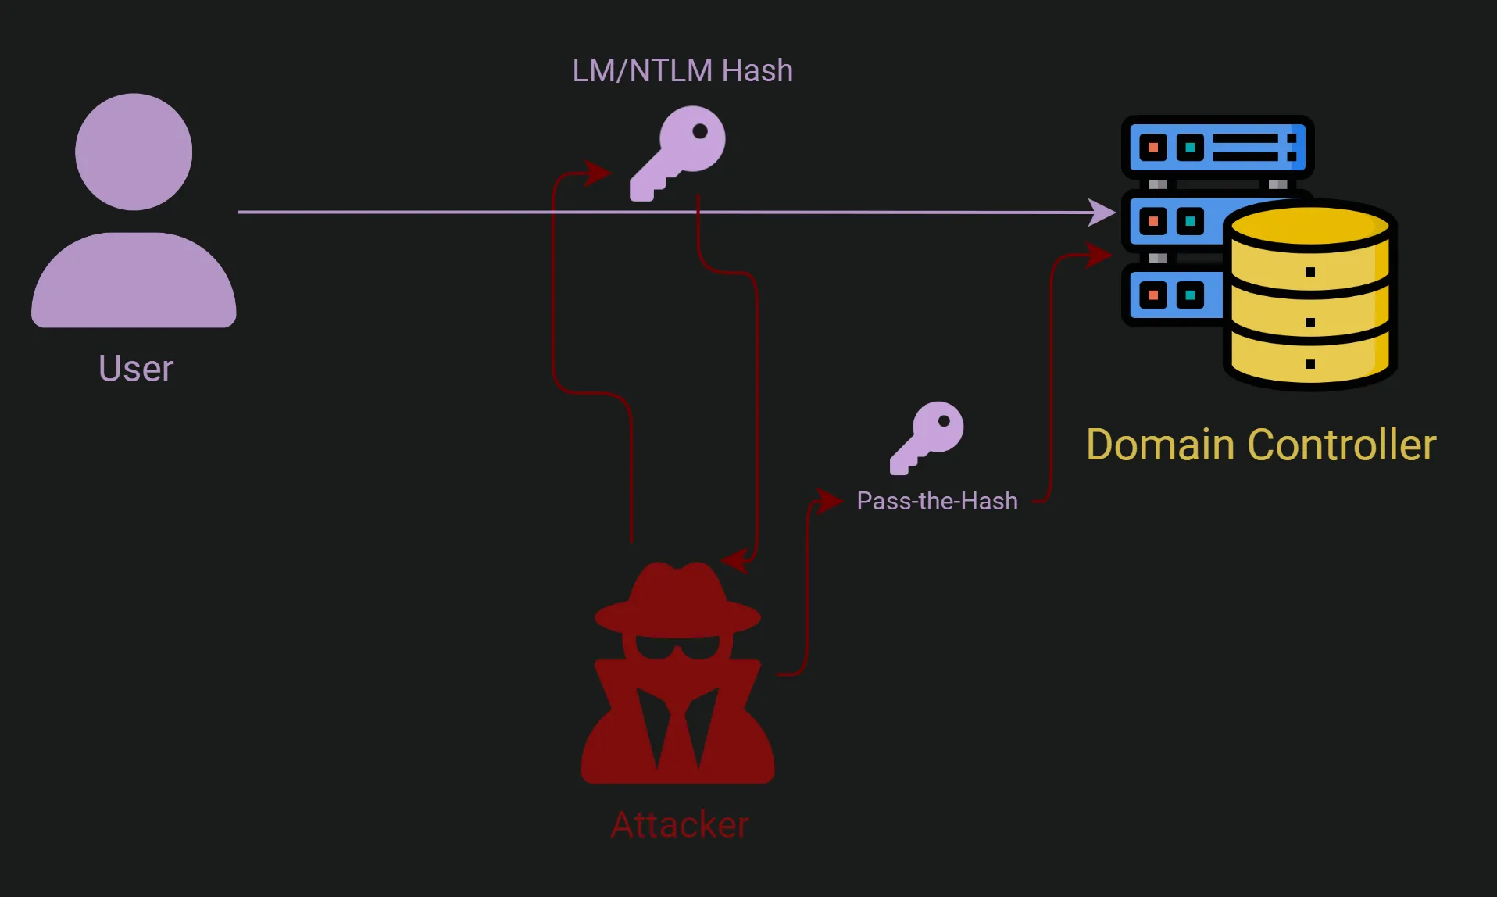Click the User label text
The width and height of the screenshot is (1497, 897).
tap(136, 369)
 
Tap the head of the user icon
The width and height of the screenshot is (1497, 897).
tap(134, 152)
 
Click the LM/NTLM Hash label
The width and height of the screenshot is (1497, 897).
tap(682, 70)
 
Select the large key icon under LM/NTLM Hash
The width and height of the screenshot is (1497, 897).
tap(678, 153)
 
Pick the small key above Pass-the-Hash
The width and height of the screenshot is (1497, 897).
tap(927, 437)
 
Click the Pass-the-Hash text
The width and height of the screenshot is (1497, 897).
tap(937, 501)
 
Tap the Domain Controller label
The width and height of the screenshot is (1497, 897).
tap(1261, 445)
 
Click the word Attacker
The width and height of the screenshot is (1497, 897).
tap(679, 824)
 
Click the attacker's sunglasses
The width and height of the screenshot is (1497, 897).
tap(677, 647)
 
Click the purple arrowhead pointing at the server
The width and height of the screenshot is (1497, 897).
tap(1103, 212)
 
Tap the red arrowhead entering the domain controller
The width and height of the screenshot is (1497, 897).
tap(1099, 255)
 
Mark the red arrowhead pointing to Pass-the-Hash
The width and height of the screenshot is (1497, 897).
tap(828, 501)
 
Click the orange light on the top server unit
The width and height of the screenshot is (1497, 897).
tap(1152, 147)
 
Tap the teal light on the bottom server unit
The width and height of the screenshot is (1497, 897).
tap(1190, 295)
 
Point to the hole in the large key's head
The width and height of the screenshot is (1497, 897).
tap(700, 131)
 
